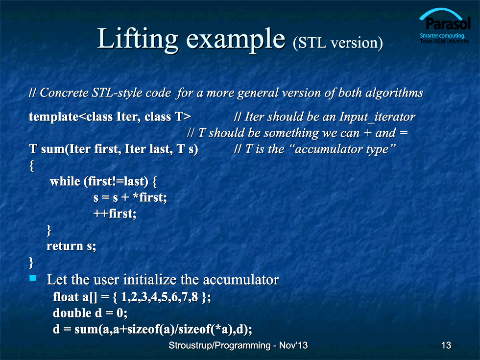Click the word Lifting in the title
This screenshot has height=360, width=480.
tap(138, 39)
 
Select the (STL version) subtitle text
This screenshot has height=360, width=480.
tap(337, 43)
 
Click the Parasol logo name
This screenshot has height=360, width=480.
tap(448, 24)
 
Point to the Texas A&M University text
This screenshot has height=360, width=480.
tap(445, 41)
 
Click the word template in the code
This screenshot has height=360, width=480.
tap(54, 117)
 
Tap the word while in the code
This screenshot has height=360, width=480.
tap(65, 181)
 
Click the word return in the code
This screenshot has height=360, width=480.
tap(65, 246)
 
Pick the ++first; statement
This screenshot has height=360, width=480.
tap(115, 214)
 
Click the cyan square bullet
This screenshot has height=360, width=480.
tap(32, 278)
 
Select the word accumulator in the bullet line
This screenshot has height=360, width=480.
tap(240, 280)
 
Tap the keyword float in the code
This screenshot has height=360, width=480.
tap(66, 297)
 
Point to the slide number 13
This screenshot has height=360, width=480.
tap(446, 345)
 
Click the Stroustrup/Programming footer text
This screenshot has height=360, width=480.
tap(219, 346)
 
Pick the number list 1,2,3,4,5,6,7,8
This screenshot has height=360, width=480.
tap(160, 297)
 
